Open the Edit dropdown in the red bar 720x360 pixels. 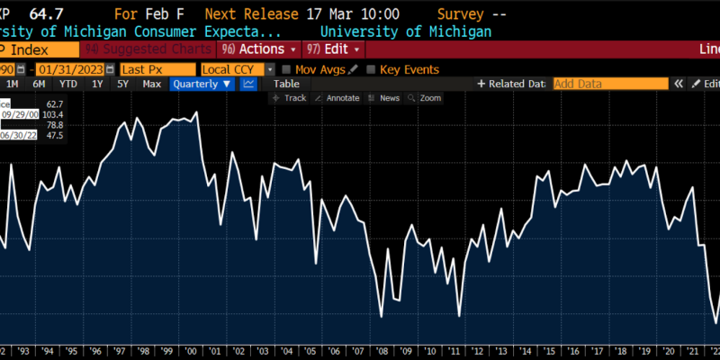point(334,49)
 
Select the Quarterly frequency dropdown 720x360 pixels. point(202,84)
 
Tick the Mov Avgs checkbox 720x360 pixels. point(287,69)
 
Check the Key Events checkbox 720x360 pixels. point(371,69)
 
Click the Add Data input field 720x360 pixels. point(610,84)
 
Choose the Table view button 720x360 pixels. point(286,84)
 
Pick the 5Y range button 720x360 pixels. point(123,84)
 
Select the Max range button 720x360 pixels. point(152,84)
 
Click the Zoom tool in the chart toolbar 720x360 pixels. point(429,98)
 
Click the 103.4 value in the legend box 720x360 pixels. point(54,114)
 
